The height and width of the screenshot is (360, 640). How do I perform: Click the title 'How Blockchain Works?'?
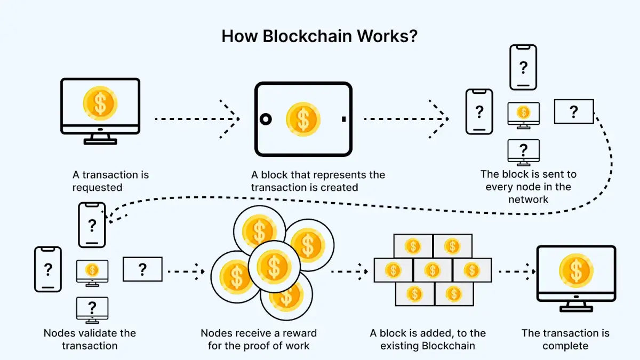coord(320,37)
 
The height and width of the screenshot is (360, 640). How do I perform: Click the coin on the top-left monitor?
coord(100,103)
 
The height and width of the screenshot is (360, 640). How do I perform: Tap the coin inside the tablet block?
coord(303,119)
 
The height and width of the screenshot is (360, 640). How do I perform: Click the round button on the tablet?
coord(266,119)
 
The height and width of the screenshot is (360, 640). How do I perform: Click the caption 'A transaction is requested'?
coord(110,181)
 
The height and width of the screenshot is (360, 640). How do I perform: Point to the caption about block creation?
coord(318,181)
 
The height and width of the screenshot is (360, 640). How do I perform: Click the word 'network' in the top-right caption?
coord(528,199)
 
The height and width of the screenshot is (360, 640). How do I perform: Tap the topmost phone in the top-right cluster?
coord(523,67)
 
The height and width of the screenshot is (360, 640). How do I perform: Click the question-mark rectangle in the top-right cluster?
coord(573,111)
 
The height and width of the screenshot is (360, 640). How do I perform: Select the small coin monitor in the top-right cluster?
coord(523,114)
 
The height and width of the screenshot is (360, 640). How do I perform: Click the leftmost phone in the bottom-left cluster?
coord(48,269)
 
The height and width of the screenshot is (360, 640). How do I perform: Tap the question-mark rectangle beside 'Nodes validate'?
coord(142,269)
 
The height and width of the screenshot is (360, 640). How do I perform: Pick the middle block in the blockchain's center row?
coord(433,270)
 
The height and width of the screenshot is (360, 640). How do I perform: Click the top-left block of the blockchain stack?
coord(413,246)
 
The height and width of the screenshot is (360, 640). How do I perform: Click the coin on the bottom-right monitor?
coord(575,270)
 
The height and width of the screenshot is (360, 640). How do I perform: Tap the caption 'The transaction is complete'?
coord(565,339)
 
